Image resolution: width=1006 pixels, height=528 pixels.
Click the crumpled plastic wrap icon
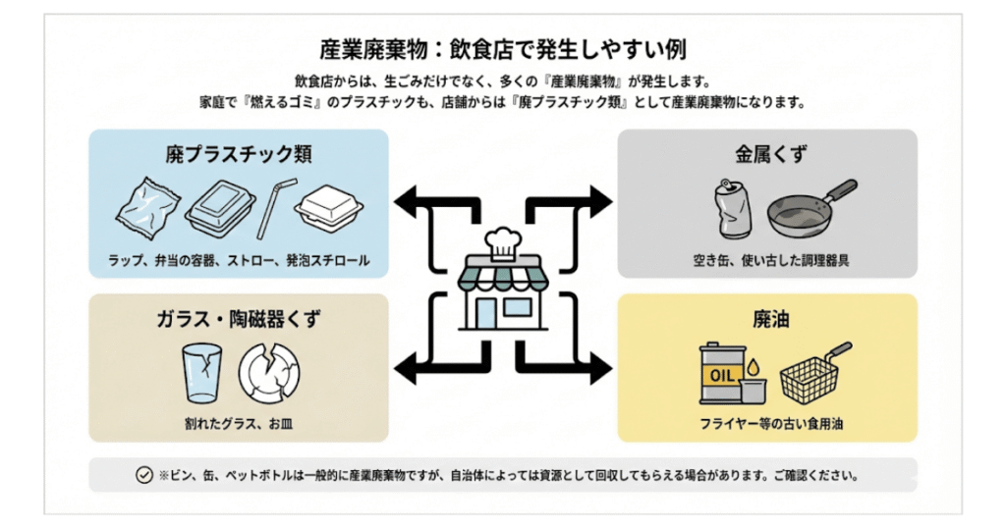click(x=145, y=210)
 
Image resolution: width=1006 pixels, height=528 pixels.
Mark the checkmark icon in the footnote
click(x=144, y=476)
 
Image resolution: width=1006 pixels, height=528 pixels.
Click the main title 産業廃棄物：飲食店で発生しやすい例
click(x=502, y=49)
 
